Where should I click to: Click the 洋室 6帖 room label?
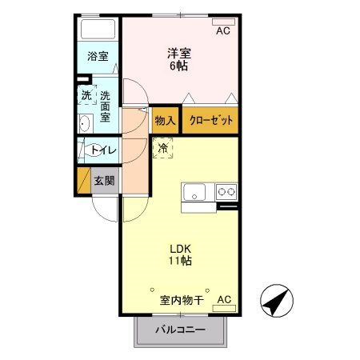(178, 60)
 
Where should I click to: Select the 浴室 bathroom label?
(98, 58)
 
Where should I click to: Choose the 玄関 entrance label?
(104, 181)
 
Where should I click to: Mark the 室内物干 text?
(182, 301)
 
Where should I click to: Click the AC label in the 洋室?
(223, 31)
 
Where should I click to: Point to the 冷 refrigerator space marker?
(163, 147)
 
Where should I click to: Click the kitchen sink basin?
(195, 193)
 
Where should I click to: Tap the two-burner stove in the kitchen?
(226, 192)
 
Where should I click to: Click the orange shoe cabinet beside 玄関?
(82, 181)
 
